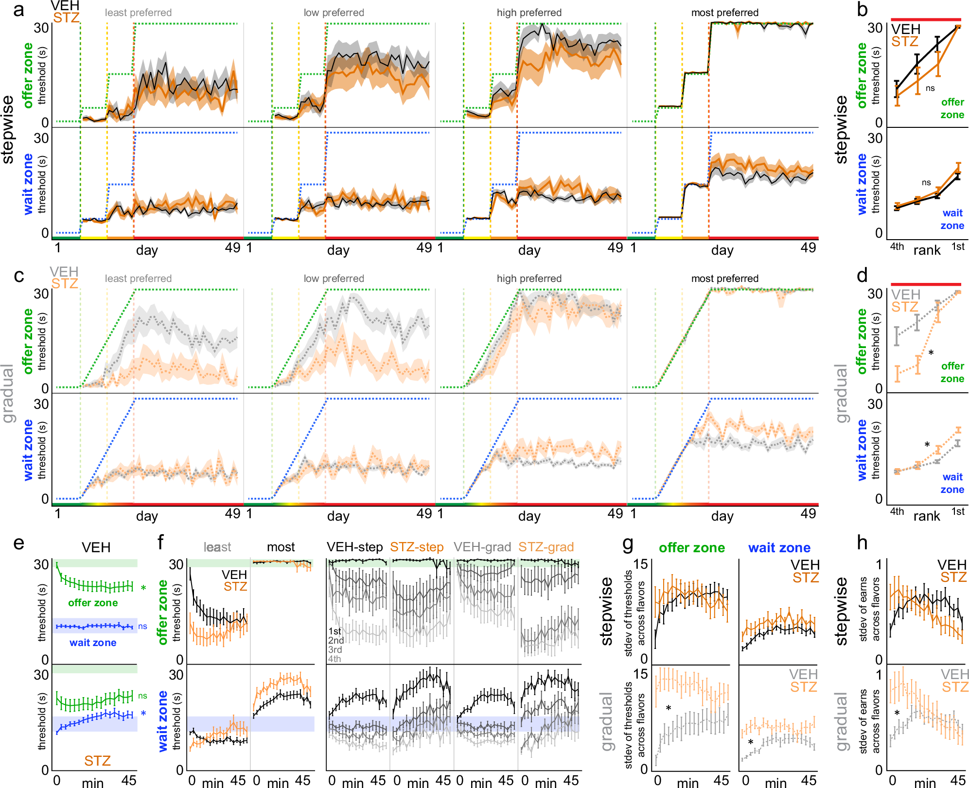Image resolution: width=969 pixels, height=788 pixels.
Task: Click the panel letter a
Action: click(x=18, y=10)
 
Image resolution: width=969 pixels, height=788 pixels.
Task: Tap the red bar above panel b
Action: click(x=926, y=20)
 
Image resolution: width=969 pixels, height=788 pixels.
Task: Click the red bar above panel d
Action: click(x=926, y=284)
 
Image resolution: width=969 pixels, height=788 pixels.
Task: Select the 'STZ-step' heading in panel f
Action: click(x=417, y=547)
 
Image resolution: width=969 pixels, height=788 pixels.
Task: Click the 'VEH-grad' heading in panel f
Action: click(x=482, y=547)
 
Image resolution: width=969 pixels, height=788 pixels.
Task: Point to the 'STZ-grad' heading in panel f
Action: click(x=546, y=547)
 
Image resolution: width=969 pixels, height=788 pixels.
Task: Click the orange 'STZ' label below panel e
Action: click(x=97, y=761)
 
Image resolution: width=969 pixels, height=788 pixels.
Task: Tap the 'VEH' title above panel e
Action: click(x=96, y=547)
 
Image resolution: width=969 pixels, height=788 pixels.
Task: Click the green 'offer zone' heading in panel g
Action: click(x=691, y=548)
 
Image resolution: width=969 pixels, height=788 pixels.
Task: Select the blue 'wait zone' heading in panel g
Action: click(x=779, y=548)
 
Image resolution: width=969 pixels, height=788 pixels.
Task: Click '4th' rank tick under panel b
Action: click(x=897, y=246)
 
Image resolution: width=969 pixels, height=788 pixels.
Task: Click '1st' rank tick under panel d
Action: click(x=958, y=511)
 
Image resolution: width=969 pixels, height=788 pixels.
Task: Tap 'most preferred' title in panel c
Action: click(x=724, y=279)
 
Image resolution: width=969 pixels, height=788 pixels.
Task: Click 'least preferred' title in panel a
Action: click(x=138, y=13)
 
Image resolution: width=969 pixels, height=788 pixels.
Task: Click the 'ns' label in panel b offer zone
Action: click(x=930, y=88)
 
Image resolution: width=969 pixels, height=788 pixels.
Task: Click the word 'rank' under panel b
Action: click(x=927, y=250)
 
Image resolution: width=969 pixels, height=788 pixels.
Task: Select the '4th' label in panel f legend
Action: click(x=335, y=659)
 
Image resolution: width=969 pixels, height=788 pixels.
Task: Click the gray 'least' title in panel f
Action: click(x=217, y=547)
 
